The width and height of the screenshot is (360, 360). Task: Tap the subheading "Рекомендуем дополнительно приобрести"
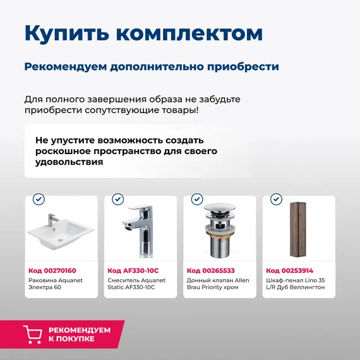152,66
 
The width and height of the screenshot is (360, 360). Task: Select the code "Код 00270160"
52,270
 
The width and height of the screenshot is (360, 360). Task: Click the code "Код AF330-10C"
133,270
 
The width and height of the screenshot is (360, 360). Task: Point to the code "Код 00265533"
211,270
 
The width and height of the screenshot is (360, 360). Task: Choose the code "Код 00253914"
290,270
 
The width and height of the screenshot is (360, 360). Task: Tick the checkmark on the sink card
39,200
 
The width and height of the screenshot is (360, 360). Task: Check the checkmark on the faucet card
117,200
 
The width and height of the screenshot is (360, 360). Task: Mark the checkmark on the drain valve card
197,200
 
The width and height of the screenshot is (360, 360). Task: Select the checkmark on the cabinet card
276,200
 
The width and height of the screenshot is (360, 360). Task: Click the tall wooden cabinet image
297,229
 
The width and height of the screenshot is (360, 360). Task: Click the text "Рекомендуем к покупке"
80,334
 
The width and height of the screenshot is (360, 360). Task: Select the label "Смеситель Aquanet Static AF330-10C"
135,284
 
